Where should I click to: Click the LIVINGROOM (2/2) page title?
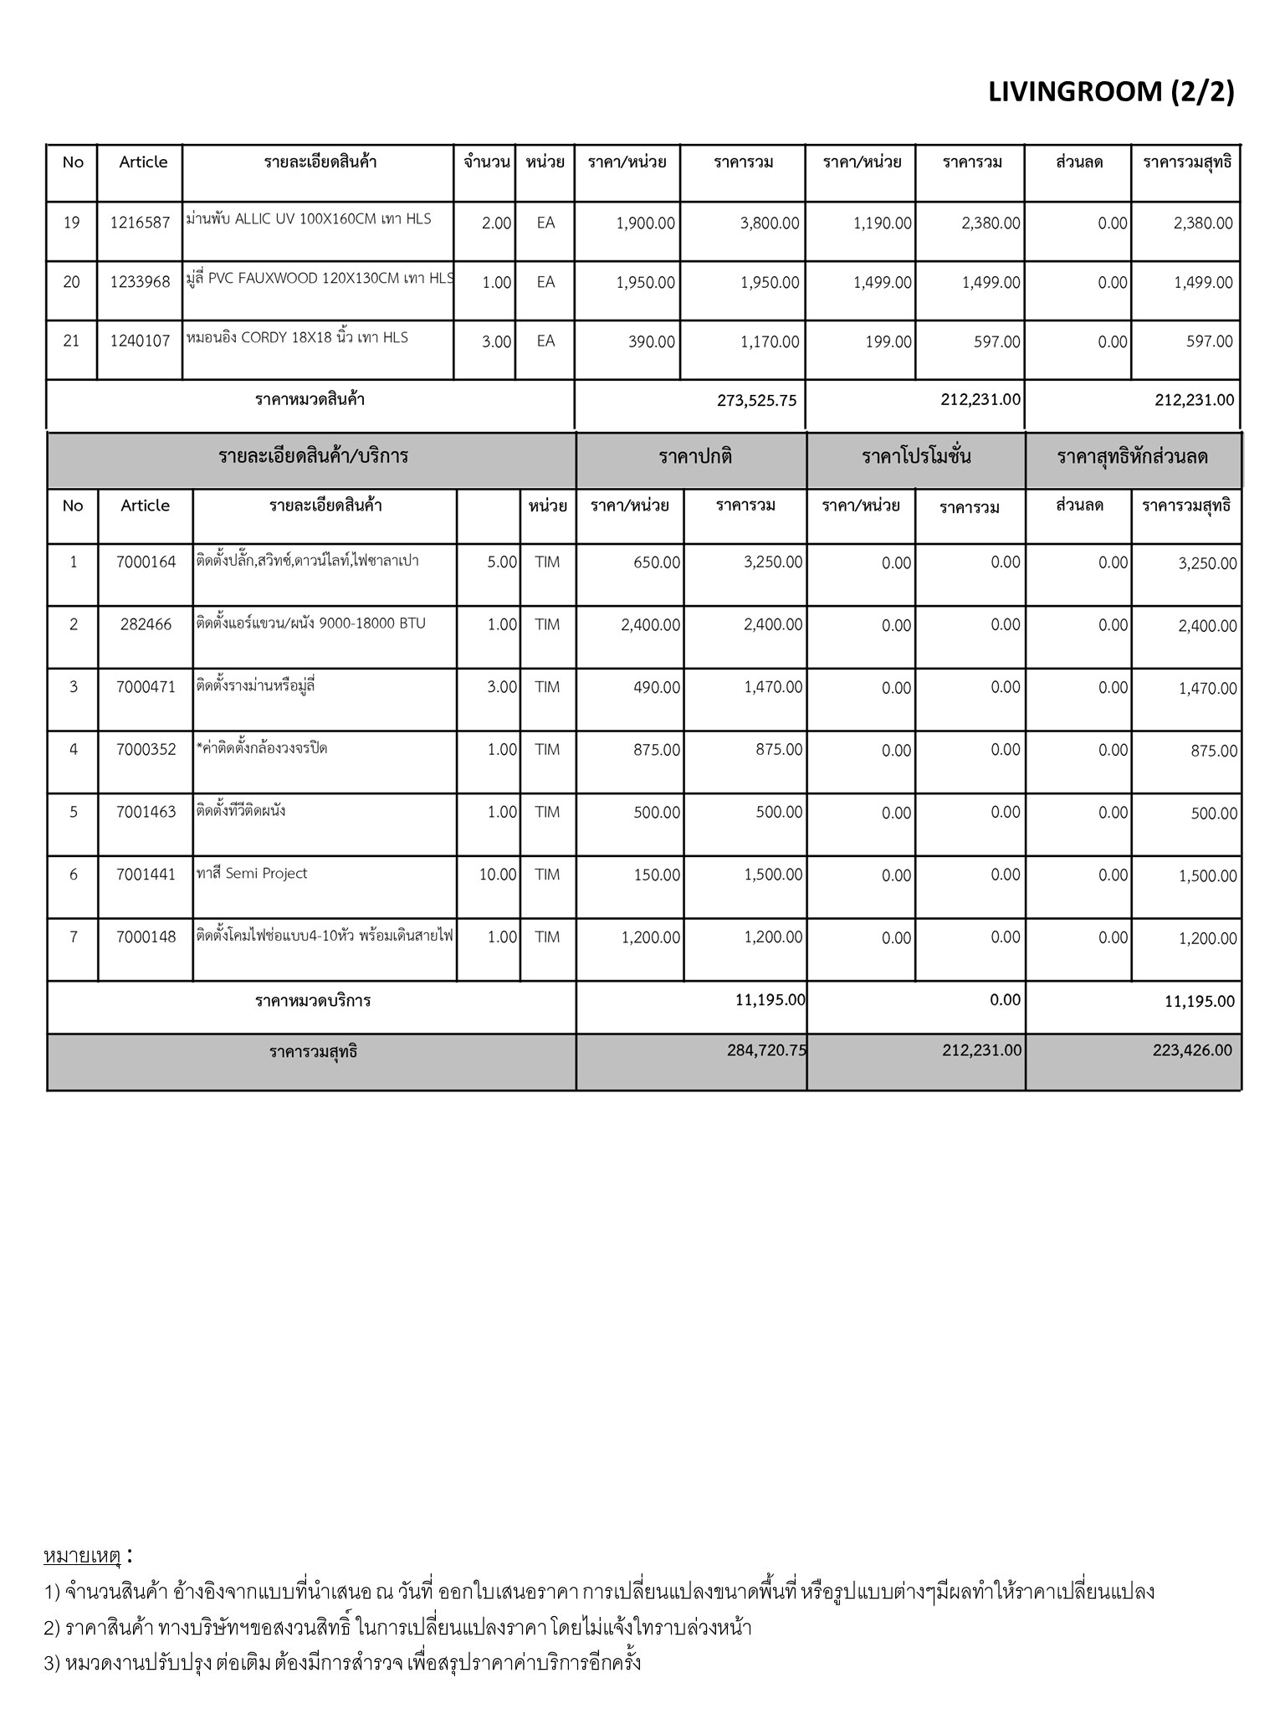[x=1110, y=92]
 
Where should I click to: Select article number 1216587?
[x=140, y=223]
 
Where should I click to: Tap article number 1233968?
[x=140, y=282]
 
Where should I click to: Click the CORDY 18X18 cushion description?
[x=297, y=338]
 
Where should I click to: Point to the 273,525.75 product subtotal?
[x=756, y=401]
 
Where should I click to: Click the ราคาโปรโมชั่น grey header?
[x=916, y=457]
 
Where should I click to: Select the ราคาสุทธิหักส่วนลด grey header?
[x=1132, y=457]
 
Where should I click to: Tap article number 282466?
[x=146, y=624]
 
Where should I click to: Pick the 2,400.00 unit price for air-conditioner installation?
[x=650, y=625]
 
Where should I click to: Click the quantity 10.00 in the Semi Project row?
[x=498, y=875]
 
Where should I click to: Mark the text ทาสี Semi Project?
[x=252, y=874]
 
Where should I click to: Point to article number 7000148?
[x=146, y=937]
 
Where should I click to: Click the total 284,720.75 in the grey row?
[x=766, y=1050]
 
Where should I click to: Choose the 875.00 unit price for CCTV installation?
[x=657, y=750]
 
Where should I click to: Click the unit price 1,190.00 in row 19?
[x=882, y=223]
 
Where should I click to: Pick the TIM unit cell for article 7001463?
[x=547, y=812]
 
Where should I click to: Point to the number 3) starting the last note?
[x=52, y=1663]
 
